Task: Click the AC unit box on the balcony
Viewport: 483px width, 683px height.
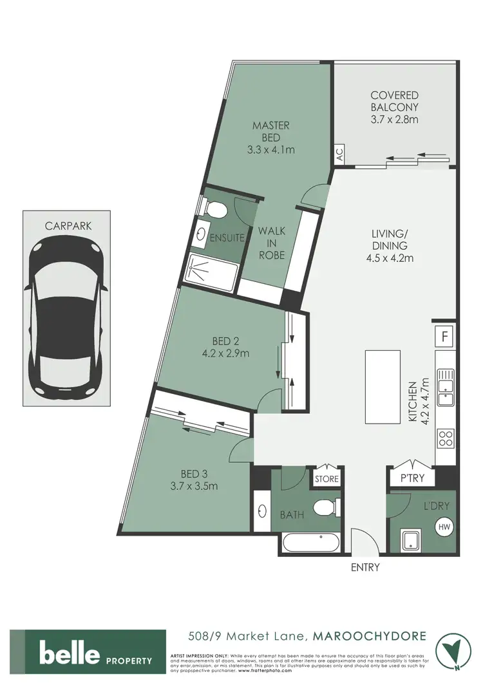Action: click(x=339, y=154)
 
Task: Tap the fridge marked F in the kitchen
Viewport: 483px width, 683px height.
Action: click(x=444, y=336)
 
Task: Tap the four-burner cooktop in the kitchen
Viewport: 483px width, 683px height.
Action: click(x=446, y=439)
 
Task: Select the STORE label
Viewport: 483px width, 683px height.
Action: click(x=326, y=479)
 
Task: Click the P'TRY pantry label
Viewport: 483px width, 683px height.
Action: click(x=412, y=479)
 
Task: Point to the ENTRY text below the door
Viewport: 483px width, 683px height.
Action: click(x=365, y=567)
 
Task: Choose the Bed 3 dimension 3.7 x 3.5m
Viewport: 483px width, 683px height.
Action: click(x=194, y=485)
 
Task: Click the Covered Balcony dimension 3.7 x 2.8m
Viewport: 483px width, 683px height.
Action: click(x=395, y=120)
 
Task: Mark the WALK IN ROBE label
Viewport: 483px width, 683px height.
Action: click(x=271, y=243)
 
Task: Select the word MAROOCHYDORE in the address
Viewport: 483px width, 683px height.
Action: click(x=369, y=637)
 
